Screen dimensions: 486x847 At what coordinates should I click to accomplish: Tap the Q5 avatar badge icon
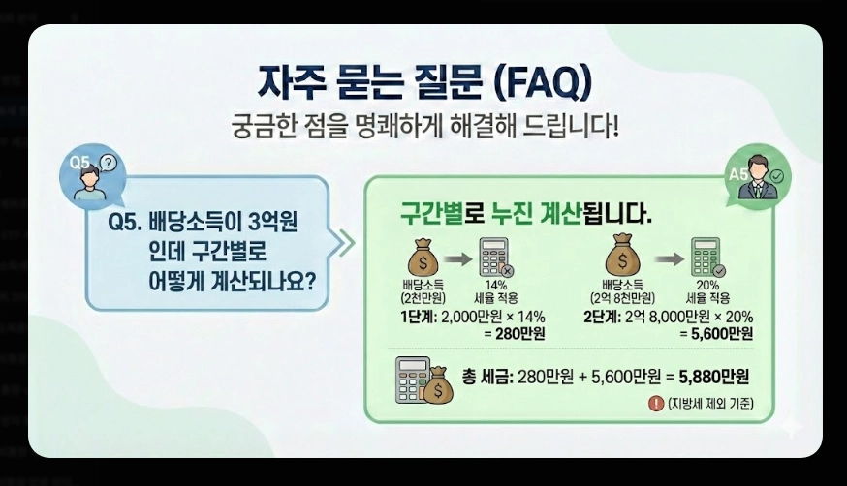94,174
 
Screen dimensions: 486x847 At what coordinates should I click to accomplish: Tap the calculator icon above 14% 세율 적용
496,259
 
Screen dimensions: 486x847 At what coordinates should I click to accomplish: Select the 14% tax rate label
495,286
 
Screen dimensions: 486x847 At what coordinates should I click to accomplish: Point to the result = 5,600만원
717,334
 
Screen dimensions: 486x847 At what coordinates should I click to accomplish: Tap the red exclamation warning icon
657,404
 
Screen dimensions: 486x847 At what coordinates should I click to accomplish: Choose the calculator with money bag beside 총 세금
423,380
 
